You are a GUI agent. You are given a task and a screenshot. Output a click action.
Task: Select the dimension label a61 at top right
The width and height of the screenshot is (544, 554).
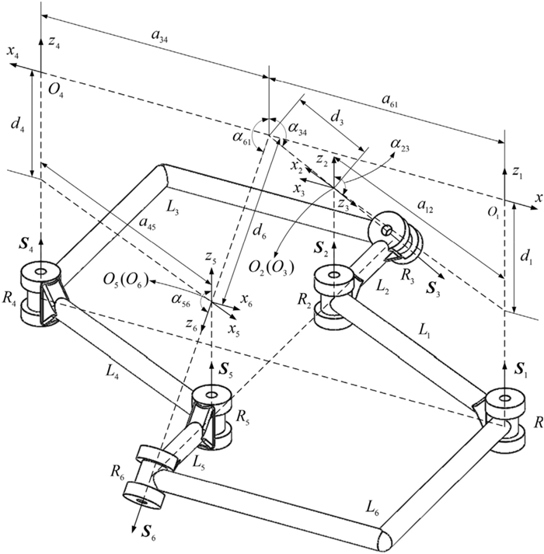click(390, 99)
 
